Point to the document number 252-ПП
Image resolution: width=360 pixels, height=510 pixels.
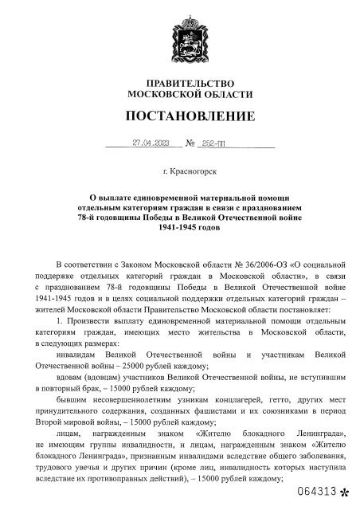point(215,143)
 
